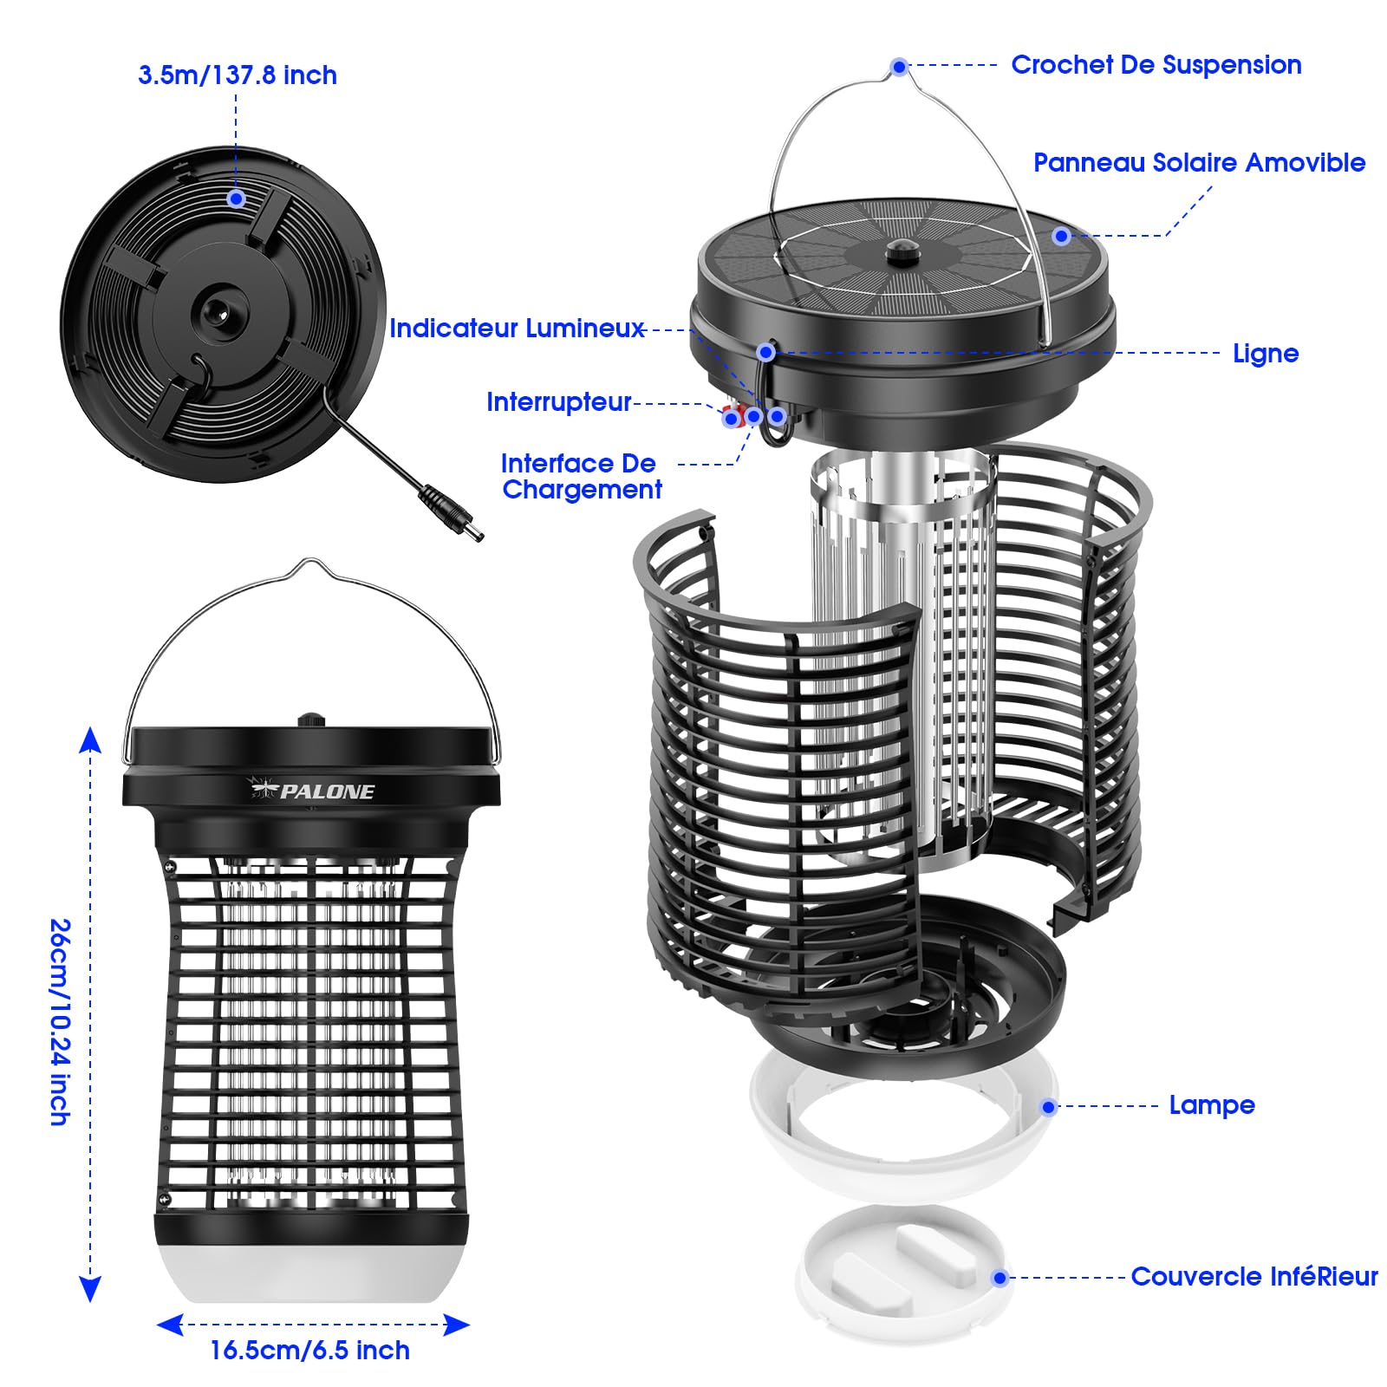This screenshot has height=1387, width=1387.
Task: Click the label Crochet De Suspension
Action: coord(1156,65)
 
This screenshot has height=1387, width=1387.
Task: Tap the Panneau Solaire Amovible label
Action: coord(1199,163)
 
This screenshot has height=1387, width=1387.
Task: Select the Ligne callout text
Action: coord(1266,354)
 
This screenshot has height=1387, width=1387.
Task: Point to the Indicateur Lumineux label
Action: coord(517,329)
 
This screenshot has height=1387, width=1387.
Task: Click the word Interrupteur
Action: coord(559,402)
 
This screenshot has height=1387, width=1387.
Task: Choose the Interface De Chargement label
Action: coord(581,476)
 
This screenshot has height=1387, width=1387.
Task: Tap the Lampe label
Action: coord(1212,1105)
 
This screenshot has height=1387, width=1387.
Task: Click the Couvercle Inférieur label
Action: coord(1254,1277)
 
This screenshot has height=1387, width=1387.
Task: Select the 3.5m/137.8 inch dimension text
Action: coord(238,75)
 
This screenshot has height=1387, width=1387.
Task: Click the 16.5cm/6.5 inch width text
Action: coord(309,1351)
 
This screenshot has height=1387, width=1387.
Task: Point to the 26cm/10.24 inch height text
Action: coord(59,1023)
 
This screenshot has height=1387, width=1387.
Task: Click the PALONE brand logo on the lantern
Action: coord(312,790)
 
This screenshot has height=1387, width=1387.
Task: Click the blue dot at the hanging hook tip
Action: coord(900,67)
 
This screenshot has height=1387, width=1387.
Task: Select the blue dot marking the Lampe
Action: coord(1049,1107)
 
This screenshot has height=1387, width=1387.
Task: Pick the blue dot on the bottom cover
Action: coord(1000,1278)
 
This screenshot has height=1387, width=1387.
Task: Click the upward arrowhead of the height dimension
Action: coord(90,740)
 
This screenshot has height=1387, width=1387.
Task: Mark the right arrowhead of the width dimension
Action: coord(457,1324)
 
